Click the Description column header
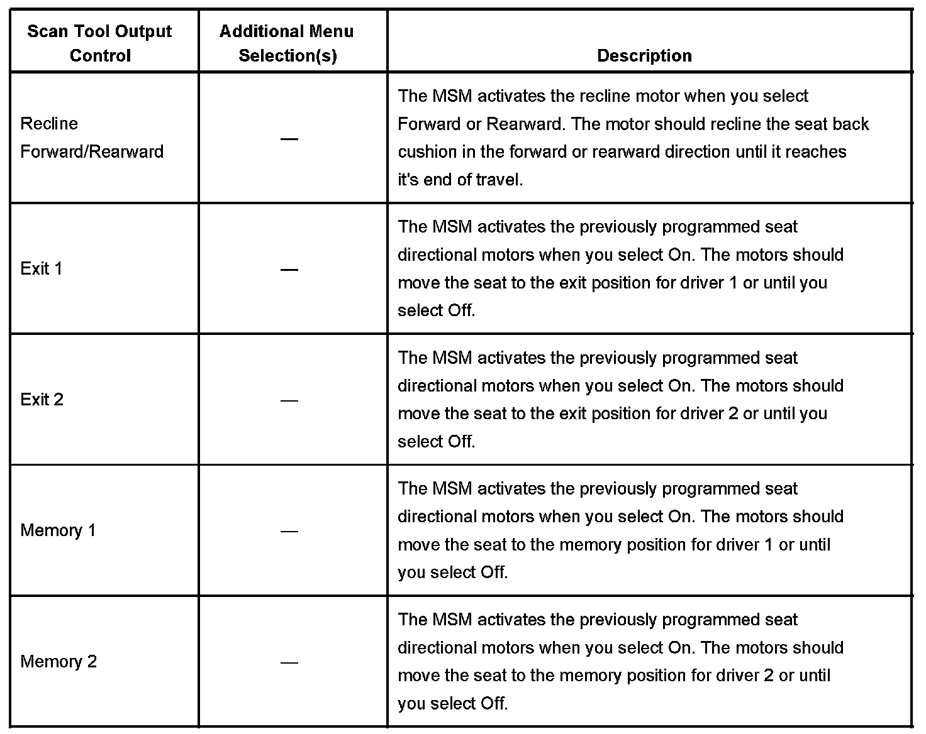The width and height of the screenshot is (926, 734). (644, 56)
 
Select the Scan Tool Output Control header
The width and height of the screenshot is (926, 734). (100, 43)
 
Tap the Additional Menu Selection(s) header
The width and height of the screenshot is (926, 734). (287, 43)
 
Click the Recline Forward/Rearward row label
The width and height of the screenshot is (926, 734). (92, 137)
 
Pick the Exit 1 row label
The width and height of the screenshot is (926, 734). (42, 269)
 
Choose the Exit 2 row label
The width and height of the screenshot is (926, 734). (42, 400)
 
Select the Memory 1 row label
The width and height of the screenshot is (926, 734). (58, 530)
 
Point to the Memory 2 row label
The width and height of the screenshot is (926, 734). (59, 661)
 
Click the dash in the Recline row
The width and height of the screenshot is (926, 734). (289, 138)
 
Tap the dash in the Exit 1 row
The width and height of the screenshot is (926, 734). (289, 270)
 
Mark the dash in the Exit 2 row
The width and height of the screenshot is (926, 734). (289, 400)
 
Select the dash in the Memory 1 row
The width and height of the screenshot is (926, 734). (289, 531)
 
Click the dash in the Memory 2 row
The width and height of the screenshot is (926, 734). (289, 662)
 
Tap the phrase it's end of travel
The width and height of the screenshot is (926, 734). (460, 180)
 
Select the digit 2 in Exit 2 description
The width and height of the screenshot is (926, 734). (733, 414)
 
